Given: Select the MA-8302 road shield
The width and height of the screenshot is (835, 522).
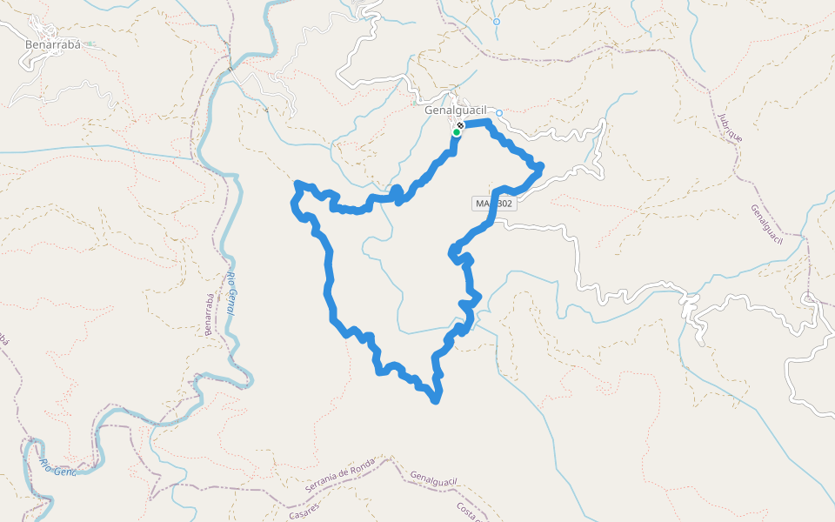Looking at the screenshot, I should pos(494,204).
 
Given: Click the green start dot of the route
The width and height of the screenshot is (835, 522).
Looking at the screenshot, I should pos(456,133).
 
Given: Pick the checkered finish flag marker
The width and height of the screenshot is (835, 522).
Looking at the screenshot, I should pos(459,126).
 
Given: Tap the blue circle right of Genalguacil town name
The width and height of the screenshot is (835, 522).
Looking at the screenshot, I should pos(499,113).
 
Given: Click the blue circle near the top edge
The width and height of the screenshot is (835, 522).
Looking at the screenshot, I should pos(496,22).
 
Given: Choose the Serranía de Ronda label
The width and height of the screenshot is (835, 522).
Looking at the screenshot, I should pos(340,479).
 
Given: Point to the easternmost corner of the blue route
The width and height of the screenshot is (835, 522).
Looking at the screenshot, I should pos(541,165).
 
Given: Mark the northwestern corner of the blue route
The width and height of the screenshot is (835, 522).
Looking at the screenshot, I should pos(297,184).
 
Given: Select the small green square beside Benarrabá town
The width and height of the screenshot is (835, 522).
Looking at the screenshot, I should pos(90,43).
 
